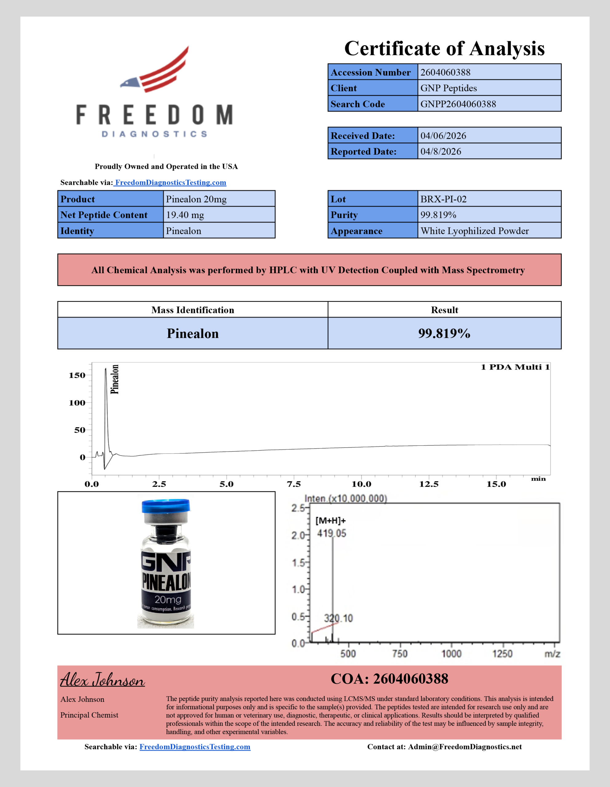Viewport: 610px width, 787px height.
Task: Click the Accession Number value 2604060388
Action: tap(445, 73)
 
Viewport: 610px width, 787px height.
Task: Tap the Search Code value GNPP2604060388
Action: tap(458, 104)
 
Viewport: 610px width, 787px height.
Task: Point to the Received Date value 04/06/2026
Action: tap(443, 136)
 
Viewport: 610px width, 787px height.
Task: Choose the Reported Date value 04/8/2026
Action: tap(441, 152)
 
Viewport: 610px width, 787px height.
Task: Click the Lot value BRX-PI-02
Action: tap(443, 199)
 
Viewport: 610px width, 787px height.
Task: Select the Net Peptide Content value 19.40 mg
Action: tap(185, 215)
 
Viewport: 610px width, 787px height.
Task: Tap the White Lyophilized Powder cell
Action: tap(474, 231)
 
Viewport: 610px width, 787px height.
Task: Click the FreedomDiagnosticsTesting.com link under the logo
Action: tap(170, 183)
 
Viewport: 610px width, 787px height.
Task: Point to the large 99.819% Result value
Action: tap(444, 334)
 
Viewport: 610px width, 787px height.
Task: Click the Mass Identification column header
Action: tap(193, 310)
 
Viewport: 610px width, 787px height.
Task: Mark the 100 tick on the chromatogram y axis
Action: tap(77, 403)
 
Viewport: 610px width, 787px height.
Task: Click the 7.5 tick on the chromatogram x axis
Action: tap(294, 484)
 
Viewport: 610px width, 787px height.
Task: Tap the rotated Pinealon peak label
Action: tap(115, 379)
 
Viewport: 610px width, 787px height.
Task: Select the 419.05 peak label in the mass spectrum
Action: tap(331, 534)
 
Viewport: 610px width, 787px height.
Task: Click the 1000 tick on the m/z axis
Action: tap(451, 654)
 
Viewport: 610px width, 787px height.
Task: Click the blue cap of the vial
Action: tap(165, 505)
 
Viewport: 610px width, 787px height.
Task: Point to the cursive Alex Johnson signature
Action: tap(102, 680)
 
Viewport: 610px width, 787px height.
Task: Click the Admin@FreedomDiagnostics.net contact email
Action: tap(464, 747)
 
